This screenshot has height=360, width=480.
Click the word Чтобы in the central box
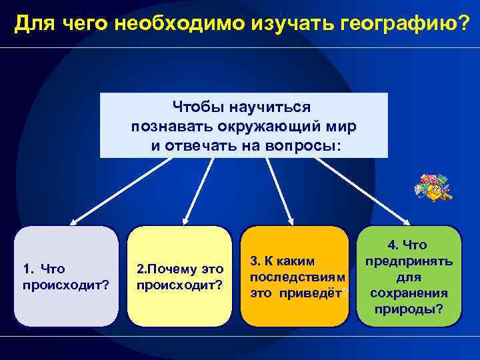click(198, 107)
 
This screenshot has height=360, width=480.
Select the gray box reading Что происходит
click(67, 277)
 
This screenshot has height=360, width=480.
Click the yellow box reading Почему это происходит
click(179, 277)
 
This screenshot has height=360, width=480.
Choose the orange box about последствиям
click(294, 277)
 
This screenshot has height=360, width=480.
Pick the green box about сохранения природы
click(409, 277)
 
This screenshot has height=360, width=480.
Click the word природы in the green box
click(409, 309)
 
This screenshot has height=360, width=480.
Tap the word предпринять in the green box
click(409, 261)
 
